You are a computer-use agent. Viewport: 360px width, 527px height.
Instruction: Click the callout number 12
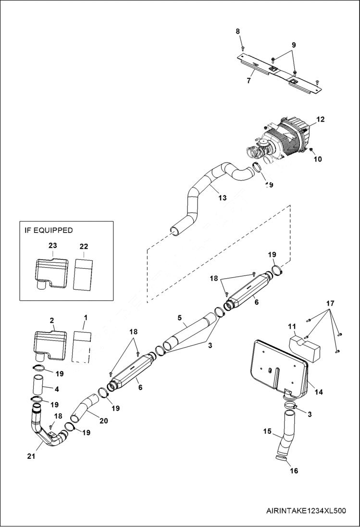(321, 119)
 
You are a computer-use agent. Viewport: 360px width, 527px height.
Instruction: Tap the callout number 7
(248, 81)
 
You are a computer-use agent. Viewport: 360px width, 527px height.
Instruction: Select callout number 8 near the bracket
(237, 32)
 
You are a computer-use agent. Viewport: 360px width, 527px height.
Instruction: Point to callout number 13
(222, 197)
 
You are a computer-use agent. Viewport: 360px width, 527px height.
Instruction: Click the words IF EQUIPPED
(49, 230)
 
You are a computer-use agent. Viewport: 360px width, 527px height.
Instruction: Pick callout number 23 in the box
(52, 245)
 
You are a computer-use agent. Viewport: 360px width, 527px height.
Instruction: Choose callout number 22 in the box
(84, 246)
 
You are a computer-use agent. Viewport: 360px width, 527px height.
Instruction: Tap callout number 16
(294, 471)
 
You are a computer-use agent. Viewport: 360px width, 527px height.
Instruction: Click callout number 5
(179, 318)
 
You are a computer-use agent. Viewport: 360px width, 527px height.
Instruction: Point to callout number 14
(319, 392)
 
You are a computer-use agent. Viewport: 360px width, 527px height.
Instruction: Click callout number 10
(318, 159)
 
